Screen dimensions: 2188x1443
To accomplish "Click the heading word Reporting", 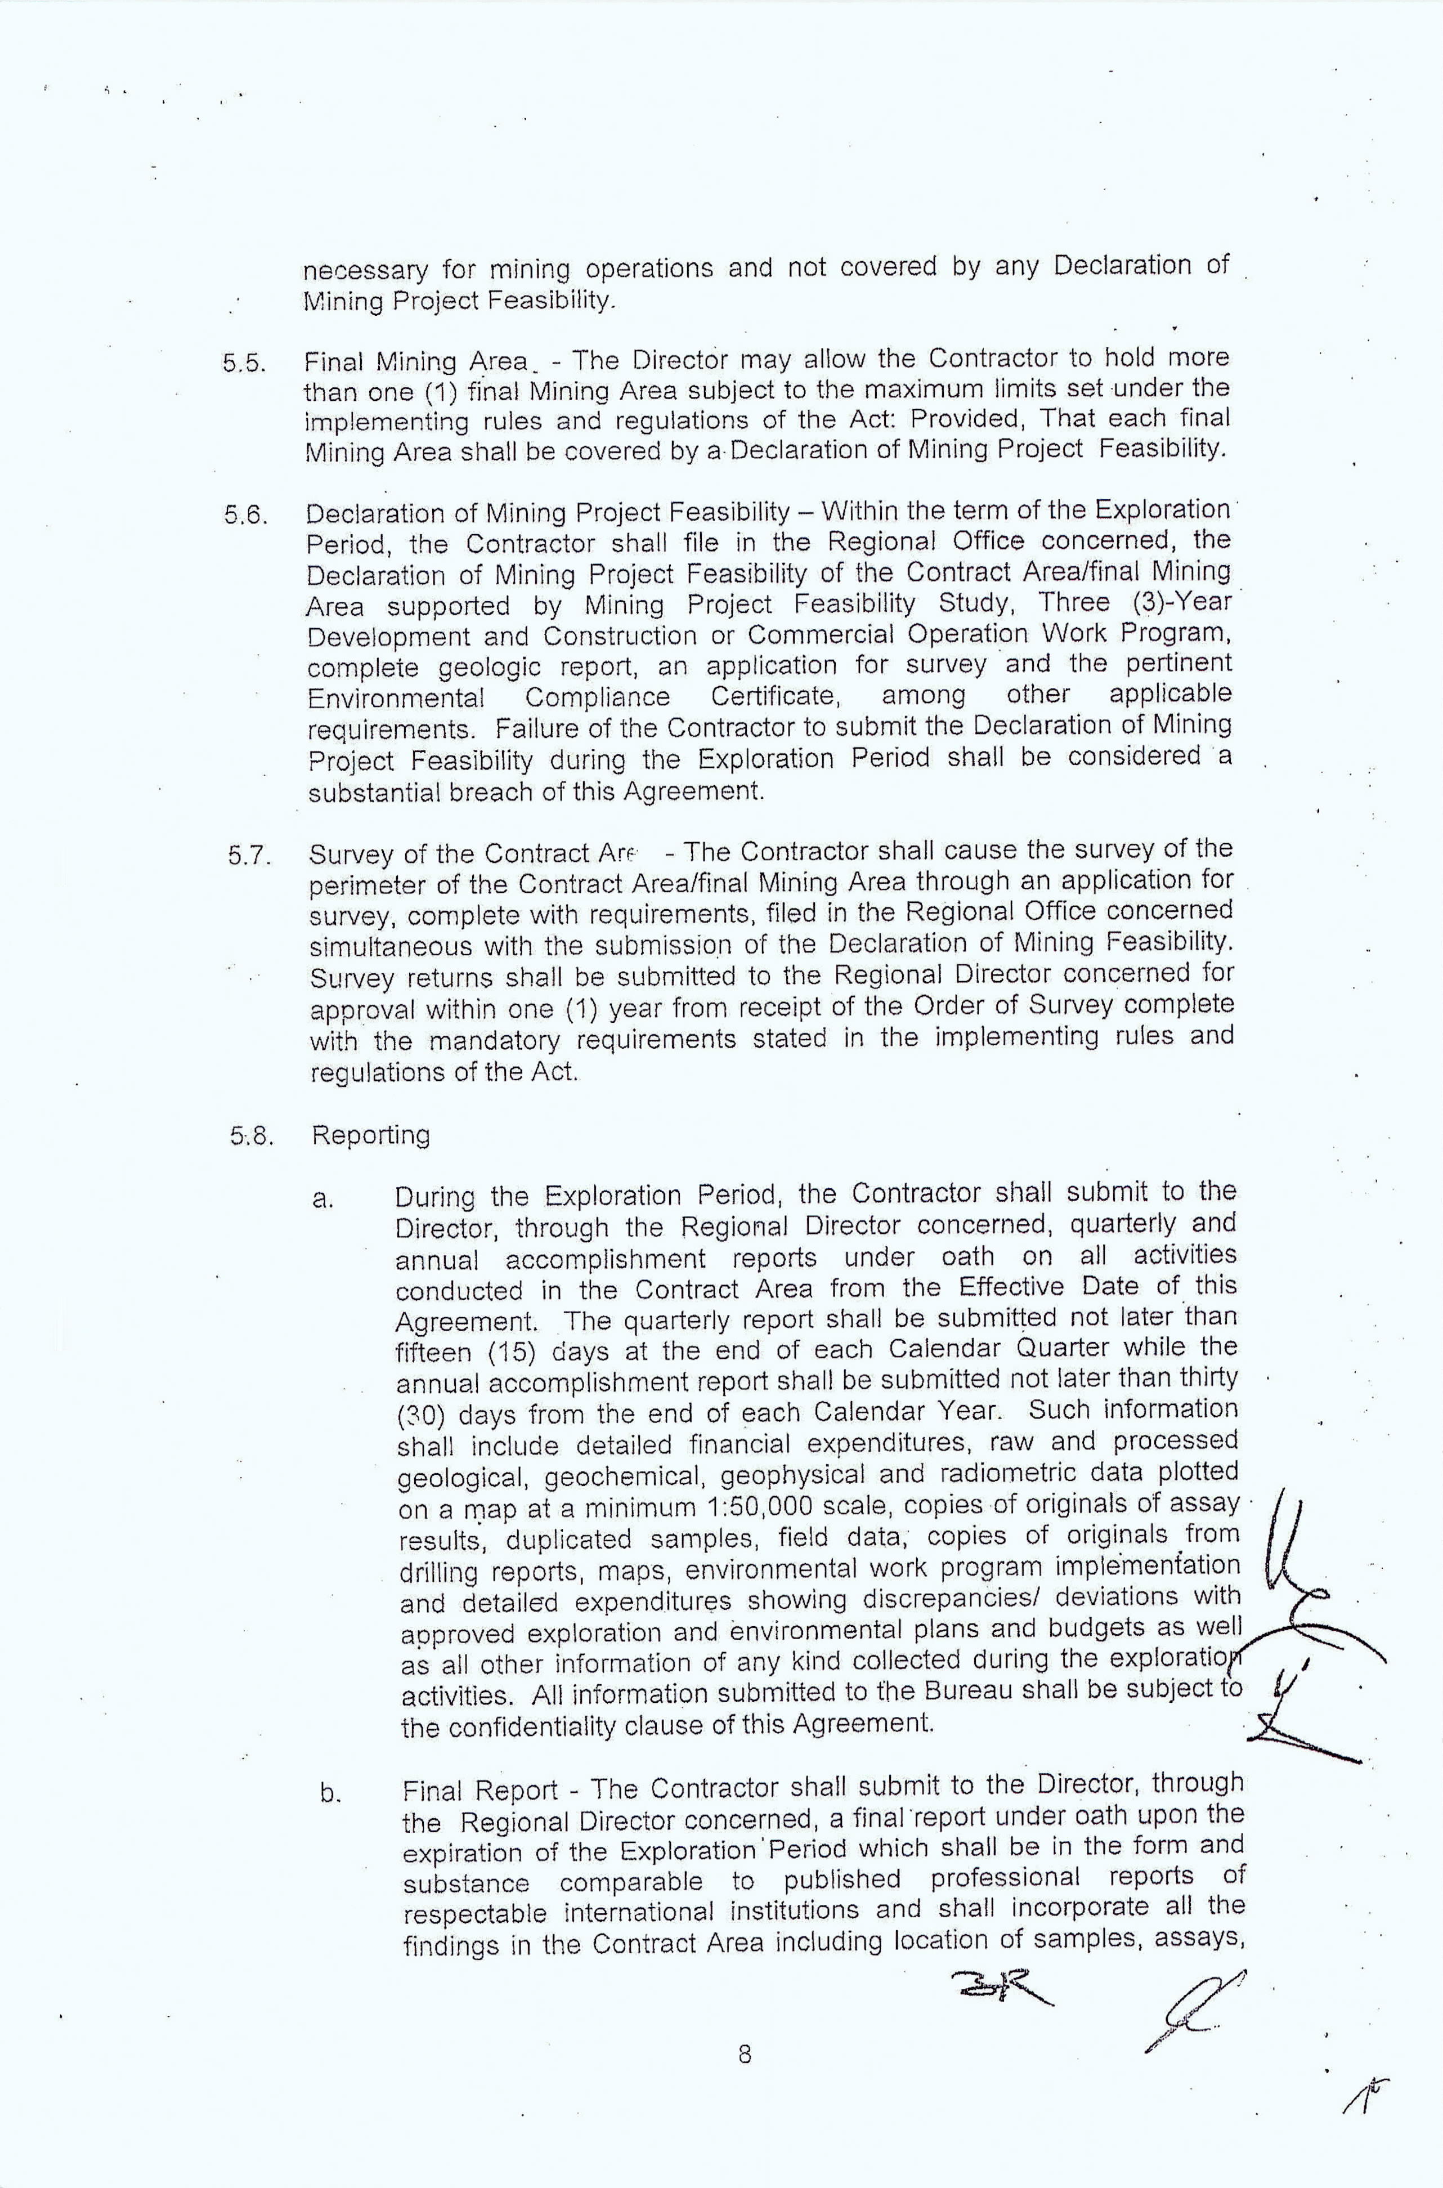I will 371,1135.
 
